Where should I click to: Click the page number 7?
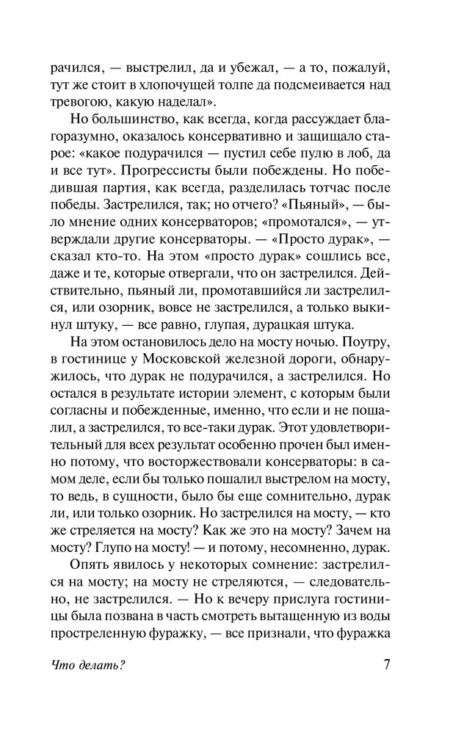coord(387,667)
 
